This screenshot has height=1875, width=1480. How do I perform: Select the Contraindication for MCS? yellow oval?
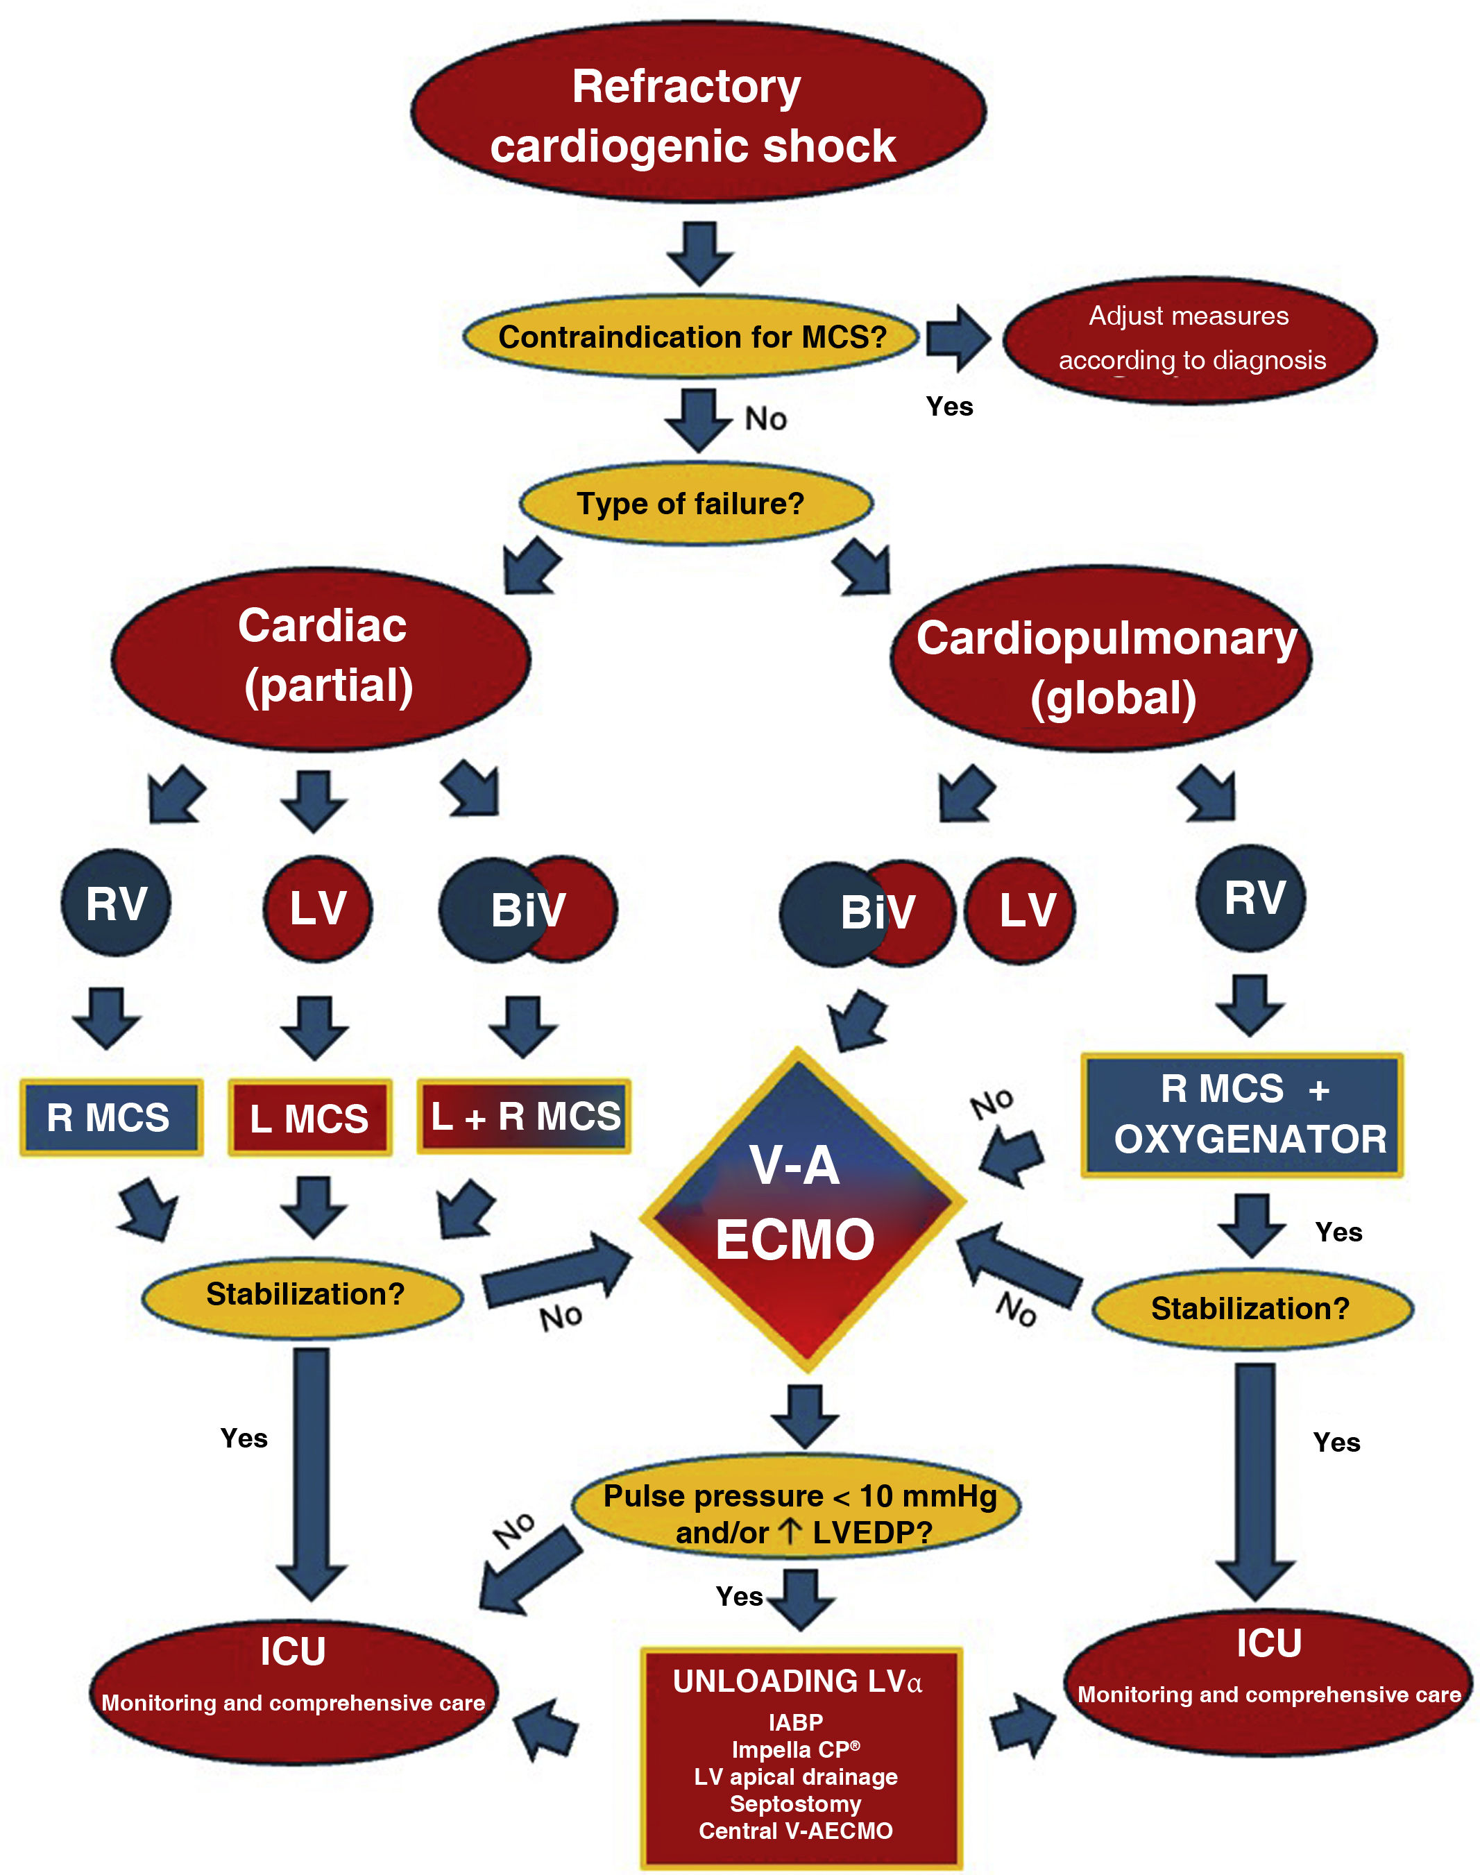pyautogui.click(x=690, y=336)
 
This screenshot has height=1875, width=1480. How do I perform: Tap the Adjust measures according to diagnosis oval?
pyautogui.click(x=1190, y=339)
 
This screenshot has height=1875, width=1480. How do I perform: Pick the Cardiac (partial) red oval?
pyautogui.click(x=321, y=659)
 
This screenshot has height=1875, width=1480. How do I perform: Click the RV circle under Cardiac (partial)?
pyautogui.click(x=116, y=903)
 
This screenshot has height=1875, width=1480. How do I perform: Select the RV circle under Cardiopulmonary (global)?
pyautogui.click(x=1251, y=898)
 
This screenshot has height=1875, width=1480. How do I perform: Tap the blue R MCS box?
pyautogui.click(x=111, y=1117)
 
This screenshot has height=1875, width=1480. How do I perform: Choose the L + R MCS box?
pyautogui.click(x=525, y=1116)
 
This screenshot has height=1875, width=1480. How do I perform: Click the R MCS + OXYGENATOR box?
pyautogui.click(x=1242, y=1115)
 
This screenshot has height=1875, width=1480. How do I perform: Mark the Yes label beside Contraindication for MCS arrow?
pyautogui.click(x=949, y=407)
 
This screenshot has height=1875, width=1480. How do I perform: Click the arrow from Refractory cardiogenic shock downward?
pyautogui.click(x=699, y=252)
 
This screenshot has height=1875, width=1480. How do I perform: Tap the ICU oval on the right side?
pyautogui.click(x=1268, y=1683)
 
